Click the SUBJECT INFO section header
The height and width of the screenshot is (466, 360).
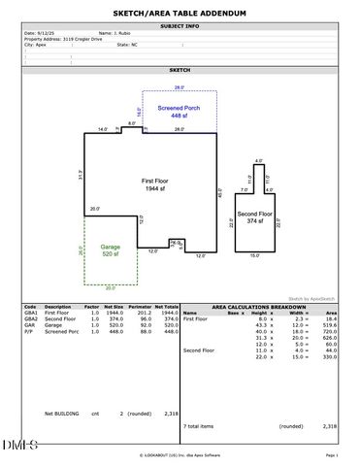pyautogui.click(x=180, y=25)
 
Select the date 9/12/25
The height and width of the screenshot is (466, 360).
pyautogui.click(x=45, y=32)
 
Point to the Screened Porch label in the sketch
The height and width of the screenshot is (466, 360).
pyautogui.click(x=179, y=108)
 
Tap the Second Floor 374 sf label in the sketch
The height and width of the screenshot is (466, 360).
pyautogui.click(x=255, y=217)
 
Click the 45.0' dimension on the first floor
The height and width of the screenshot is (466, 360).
pyautogui.click(x=220, y=193)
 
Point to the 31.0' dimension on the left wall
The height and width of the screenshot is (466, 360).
pyautogui.click(x=82, y=174)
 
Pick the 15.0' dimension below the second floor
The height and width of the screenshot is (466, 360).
pyautogui.click(x=255, y=256)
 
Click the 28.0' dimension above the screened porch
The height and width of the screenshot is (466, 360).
pyautogui.click(x=179, y=87)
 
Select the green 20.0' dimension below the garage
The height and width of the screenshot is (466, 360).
pyautogui.click(x=110, y=287)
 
